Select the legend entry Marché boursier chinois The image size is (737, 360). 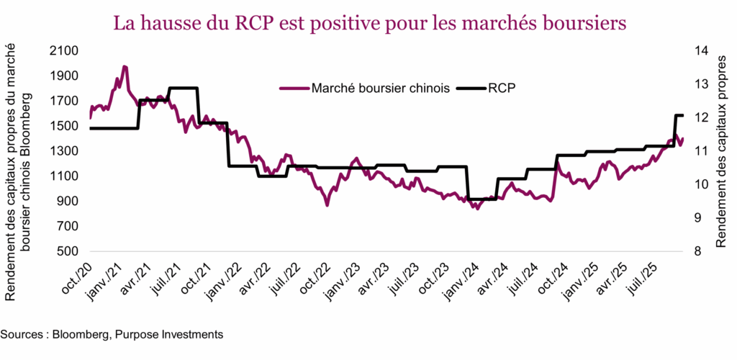point(381,88)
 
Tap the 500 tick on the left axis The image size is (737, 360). point(69,251)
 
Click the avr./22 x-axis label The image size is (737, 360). point(252,278)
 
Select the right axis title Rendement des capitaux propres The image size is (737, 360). point(720,152)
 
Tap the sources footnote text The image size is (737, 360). point(112,334)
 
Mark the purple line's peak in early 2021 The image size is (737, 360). point(125,67)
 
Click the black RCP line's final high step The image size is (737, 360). point(678,115)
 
